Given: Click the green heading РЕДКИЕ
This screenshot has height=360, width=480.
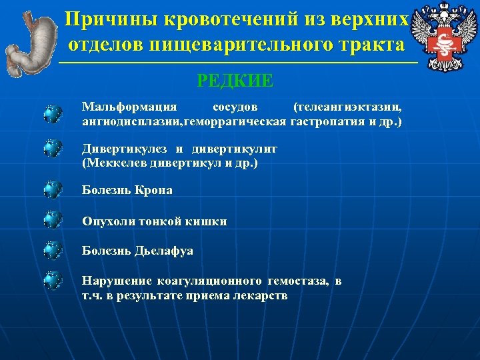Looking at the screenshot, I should pos(235,81).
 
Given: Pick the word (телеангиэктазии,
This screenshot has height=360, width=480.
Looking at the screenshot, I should pos(347,107).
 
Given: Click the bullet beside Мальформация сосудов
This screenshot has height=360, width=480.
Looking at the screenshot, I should pos(53,114).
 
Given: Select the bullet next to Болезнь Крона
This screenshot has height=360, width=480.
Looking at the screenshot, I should pos(53,190).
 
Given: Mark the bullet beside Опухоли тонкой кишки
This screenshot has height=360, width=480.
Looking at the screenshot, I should pos(53,219).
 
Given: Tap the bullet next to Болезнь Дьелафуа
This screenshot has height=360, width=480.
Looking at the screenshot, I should pos(53,250).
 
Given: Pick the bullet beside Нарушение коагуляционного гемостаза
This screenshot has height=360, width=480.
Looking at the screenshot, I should pos(53,280).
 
